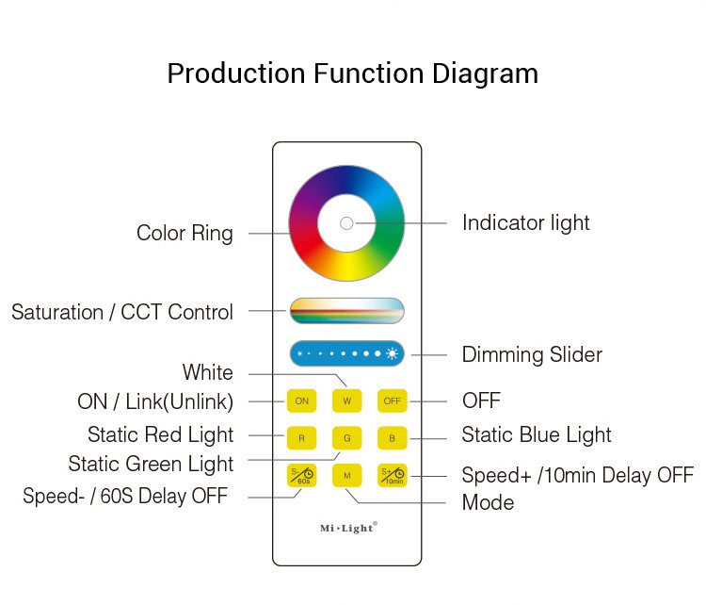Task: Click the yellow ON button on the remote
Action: click(301, 401)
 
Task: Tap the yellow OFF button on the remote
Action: click(393, 401)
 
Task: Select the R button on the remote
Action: click(301, 438)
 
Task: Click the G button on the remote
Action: click(346, 438)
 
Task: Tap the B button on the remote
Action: click(393, 438)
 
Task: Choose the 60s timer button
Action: click(301, 476)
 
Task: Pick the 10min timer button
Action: click(393, 476)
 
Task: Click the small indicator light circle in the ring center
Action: click(346, 223)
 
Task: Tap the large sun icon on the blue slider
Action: click(392, 353)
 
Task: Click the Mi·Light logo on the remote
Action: click(346, 528)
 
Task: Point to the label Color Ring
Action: click(185, 234)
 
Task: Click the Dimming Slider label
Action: click(532, 355)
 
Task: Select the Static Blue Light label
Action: click(536, 435)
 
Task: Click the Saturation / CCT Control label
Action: click(122, 312)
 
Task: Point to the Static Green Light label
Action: click(151, 464)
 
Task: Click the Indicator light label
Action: click(525, 223)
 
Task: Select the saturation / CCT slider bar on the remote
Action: click(346, 310)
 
